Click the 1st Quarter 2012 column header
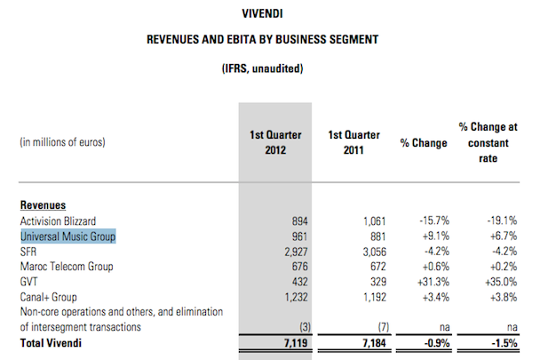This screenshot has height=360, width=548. click(x=276, y=141)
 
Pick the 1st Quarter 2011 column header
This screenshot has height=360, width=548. click(x=353, y=141)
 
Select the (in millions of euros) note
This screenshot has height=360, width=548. click(x=61, y=141)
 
